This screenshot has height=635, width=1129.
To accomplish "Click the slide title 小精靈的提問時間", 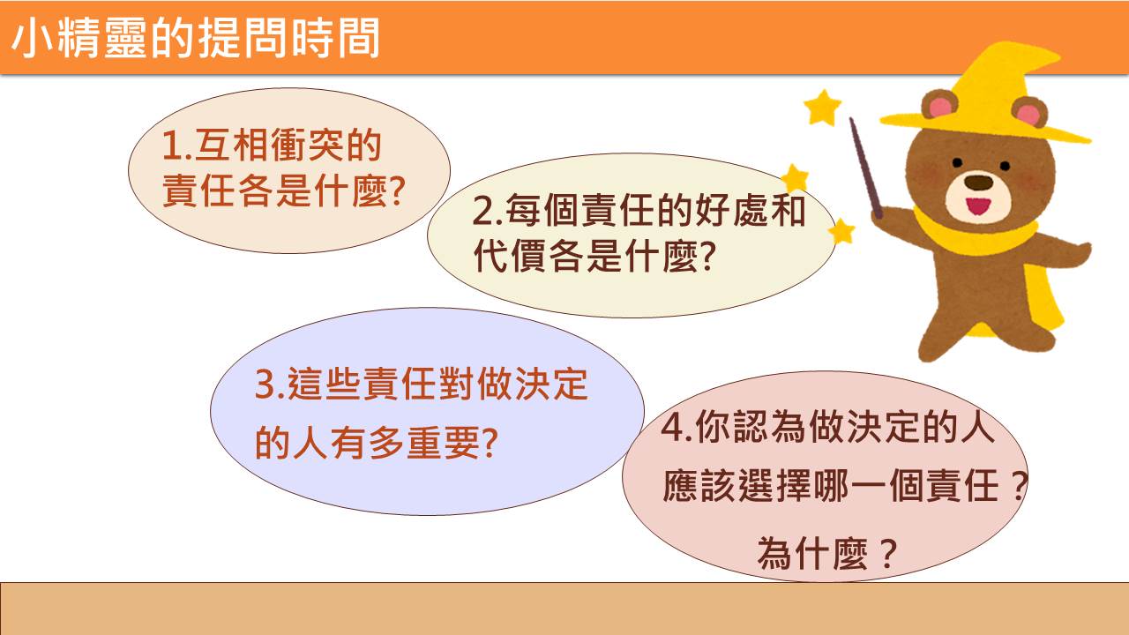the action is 195,38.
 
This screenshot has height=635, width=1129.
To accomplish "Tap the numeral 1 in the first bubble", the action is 172,146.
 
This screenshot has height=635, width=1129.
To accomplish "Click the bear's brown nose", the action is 978,182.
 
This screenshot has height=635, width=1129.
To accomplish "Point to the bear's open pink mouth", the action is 978,206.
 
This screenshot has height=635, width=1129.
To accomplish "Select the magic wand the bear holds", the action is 865,168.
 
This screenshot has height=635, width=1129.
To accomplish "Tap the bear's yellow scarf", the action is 976,233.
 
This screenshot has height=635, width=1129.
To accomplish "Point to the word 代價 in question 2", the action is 509,256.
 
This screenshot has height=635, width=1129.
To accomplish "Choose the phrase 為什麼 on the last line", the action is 812,553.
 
